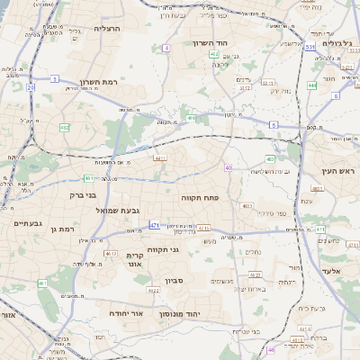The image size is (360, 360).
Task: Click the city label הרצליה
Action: click(107, 29)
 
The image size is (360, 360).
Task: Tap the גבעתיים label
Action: click(20, 223)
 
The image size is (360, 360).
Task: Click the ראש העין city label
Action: click(338, 170)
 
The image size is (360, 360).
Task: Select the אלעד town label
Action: click(332, 270)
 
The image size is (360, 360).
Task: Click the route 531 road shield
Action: click(309, 45)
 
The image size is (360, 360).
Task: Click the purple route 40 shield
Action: click(229, 168)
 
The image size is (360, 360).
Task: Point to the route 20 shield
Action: click(30, 87)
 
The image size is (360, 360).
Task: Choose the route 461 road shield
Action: click(42, 283)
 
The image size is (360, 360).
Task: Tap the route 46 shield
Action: click(270, 350)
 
